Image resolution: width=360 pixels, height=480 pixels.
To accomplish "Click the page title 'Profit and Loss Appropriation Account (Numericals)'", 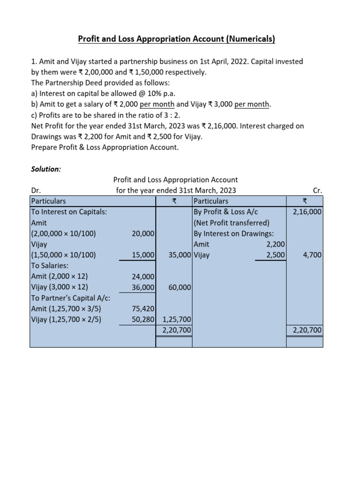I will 176,39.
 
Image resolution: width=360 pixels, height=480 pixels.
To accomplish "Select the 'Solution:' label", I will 45,169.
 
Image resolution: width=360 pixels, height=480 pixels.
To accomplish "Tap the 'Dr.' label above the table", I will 35,190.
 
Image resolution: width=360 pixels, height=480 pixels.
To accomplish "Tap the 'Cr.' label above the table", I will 317,190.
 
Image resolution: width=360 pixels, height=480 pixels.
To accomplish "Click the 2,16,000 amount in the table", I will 307,212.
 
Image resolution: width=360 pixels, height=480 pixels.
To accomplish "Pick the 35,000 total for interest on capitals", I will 180,255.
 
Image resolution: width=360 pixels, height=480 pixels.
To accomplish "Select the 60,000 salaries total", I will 180,287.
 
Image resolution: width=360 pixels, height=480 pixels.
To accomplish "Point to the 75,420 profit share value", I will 143,309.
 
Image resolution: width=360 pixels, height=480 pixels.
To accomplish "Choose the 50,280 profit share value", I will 143,320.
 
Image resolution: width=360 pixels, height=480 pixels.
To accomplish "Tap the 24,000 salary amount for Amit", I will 143,277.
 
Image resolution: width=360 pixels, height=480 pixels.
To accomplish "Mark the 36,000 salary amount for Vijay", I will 143,287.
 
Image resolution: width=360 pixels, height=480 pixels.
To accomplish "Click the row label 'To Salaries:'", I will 50,266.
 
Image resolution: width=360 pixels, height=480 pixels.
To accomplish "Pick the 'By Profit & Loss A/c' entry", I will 226,212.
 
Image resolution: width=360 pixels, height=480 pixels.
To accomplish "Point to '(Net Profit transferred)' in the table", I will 231,223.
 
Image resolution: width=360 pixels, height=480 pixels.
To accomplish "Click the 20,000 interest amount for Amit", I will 143,233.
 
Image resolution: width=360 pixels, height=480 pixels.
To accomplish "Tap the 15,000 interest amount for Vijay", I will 143,255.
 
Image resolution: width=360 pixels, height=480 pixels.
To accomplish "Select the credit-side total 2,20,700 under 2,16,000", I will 307,330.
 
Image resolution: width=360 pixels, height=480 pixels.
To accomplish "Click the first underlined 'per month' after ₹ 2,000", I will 157,104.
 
